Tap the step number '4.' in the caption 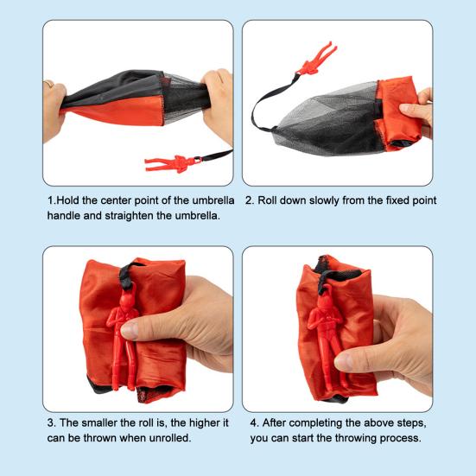255,422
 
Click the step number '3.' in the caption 52,422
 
